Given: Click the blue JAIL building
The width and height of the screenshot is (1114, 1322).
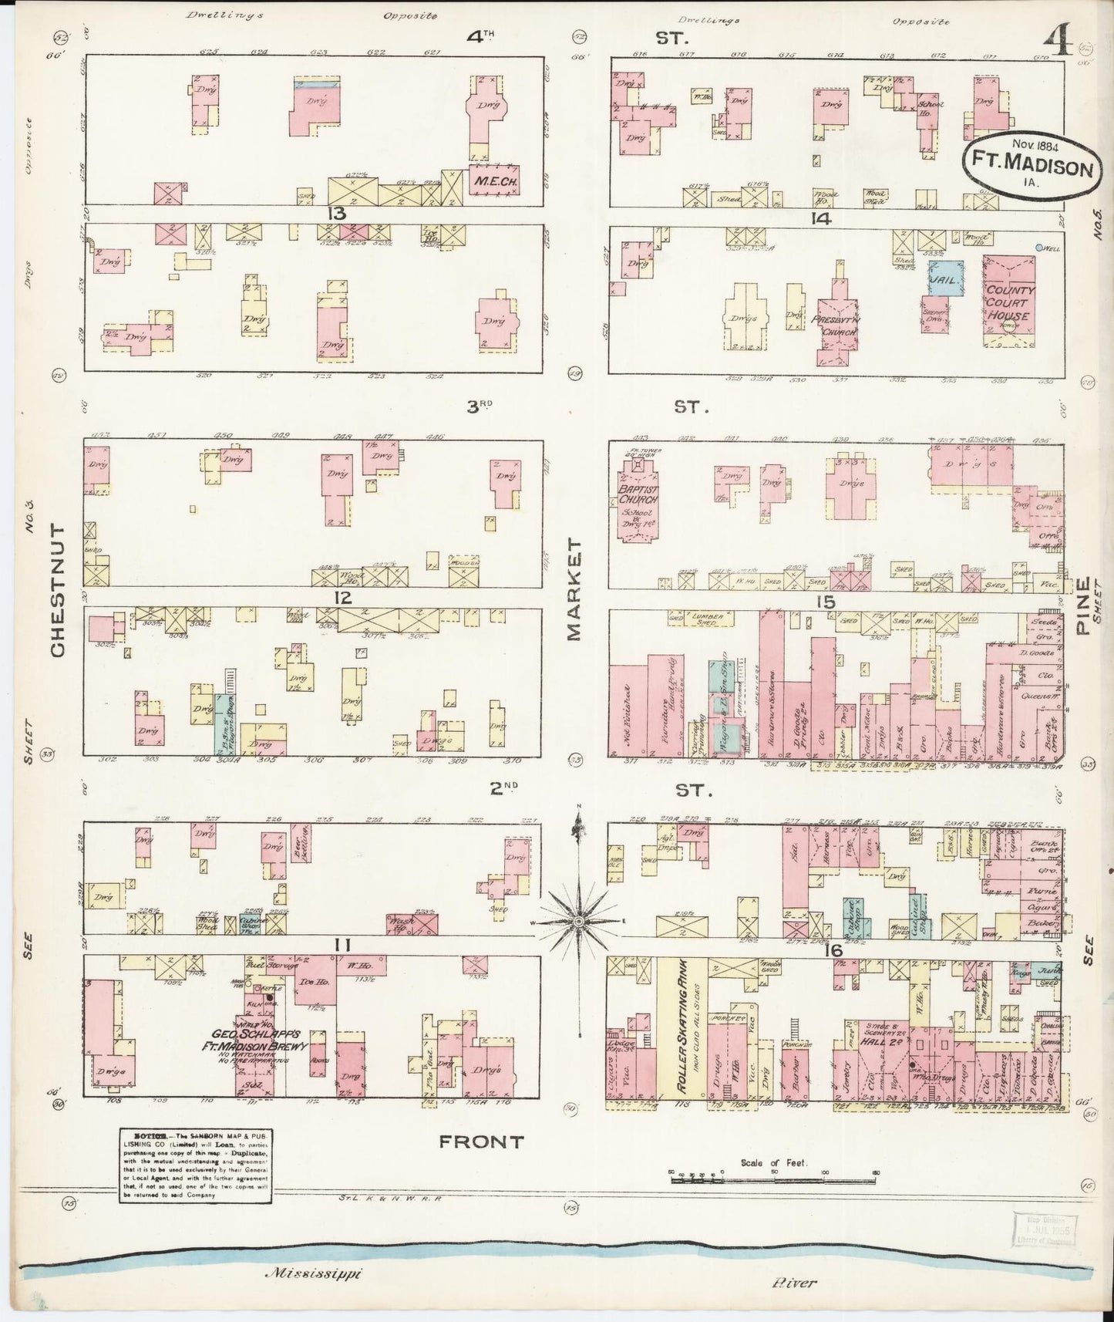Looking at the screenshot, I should coord(944,278).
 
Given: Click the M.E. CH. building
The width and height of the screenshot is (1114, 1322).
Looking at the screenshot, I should coord(493,180).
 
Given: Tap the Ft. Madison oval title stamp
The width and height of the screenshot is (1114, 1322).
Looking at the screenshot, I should coord(1031,164).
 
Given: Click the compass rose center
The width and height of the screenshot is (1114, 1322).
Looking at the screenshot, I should coord(578,921).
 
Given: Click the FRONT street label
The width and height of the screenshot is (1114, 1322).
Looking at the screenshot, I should coord(481,1142).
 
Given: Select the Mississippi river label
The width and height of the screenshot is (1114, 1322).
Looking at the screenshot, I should coord(313,1273).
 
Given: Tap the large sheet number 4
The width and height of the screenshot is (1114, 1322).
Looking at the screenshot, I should coord(1059,42).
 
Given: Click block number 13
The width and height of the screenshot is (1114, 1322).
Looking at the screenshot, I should coord(336,213).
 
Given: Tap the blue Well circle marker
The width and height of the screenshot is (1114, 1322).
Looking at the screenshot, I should coord(1040,248).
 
